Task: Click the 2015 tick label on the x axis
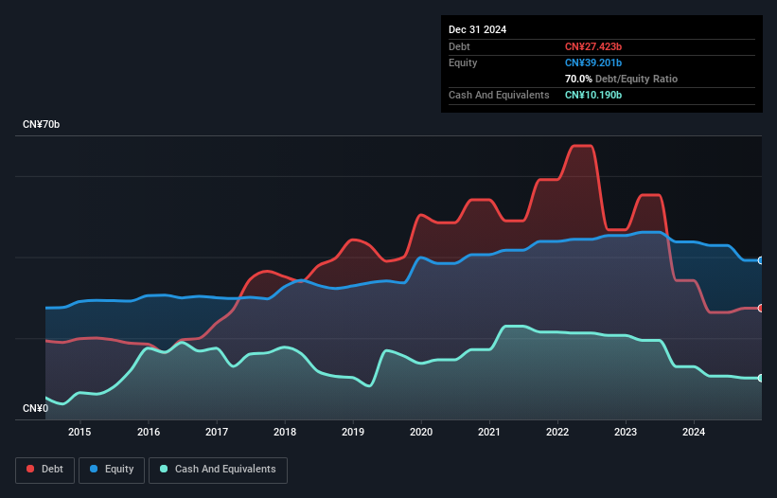80,433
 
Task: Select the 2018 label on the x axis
285,433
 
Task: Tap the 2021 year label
489,433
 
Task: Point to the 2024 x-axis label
694,433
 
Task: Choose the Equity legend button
112,469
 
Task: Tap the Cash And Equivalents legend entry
218,469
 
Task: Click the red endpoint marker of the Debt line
761,308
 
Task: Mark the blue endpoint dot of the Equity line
761,260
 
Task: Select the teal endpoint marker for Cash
761,378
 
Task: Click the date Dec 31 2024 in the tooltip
477,29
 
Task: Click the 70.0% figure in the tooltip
580,79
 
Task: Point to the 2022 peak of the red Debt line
581,146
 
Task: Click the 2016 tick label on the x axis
149,433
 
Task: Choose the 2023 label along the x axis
626,433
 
